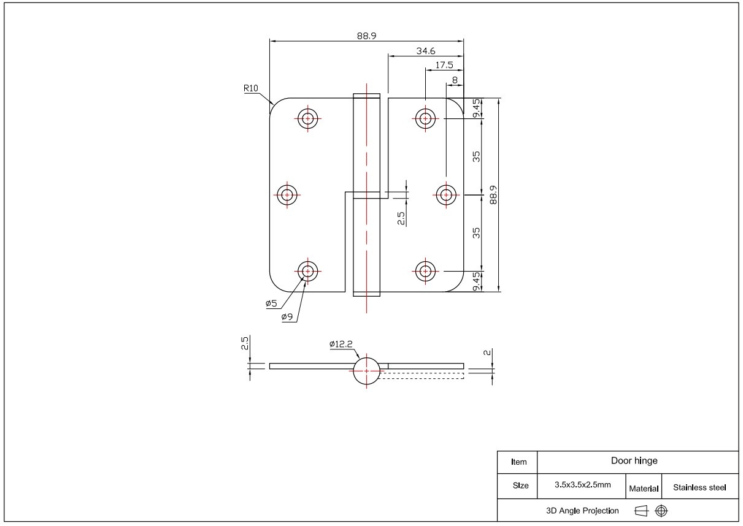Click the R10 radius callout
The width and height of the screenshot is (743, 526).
point(250,88)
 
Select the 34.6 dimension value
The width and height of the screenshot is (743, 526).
point(426,51)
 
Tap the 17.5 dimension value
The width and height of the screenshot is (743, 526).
point(444,65)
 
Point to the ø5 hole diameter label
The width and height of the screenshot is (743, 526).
point(271,303)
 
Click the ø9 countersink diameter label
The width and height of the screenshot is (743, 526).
point(287,316)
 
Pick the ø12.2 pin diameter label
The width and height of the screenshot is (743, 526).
point(341,345)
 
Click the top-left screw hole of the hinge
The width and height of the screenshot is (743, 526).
point(307,118)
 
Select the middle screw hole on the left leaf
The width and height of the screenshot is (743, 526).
point(286,195)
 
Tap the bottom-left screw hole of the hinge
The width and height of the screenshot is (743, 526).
point(307,270)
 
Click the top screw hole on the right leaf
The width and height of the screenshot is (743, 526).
point(425,118)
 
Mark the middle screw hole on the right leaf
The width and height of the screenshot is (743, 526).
point(446,195)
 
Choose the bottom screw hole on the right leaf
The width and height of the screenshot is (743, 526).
point(425,270)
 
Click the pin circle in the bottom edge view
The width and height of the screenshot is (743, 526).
point(367,371)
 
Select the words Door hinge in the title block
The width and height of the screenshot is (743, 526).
point(634,461)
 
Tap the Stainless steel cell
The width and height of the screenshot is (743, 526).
point(699,488)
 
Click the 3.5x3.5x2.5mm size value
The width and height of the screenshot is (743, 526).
point(582,485)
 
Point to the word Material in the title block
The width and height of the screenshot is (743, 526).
point(644,489)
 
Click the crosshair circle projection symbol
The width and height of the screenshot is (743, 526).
point(661,510)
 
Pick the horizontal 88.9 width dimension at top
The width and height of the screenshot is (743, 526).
point(366,36)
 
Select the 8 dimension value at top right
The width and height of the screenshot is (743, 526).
point(455,80)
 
